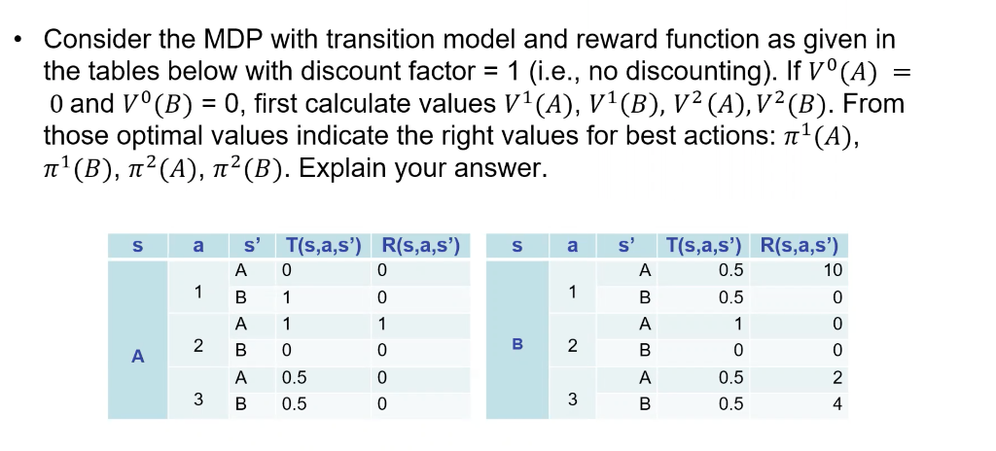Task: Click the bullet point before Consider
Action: pos(17,41)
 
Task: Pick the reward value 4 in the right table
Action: pos(836,402)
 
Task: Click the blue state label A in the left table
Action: pos(137,358)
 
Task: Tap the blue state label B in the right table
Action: pos(518,343)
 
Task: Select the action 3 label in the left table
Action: pos(197,399)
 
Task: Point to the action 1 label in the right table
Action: pos(574,292)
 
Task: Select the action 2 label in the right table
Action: pos(574,345)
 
